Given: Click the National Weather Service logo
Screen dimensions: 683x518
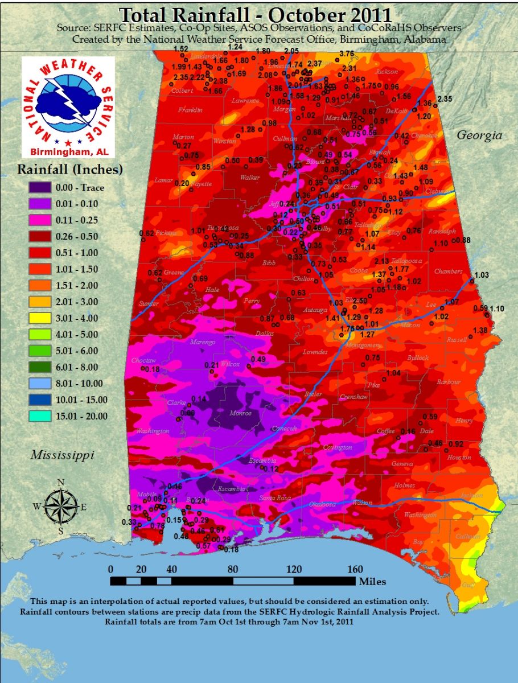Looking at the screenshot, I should point(68,108).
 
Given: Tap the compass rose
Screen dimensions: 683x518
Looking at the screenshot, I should point(61,505).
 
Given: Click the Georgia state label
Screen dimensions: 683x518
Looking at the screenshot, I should point(480,135).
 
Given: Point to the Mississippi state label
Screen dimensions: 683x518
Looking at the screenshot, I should point(62,455).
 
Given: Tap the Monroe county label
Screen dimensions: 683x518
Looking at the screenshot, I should point(240,413).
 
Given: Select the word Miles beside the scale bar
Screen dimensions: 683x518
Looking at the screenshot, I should point(372,581).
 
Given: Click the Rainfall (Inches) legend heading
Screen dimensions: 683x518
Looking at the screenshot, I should point(70,169).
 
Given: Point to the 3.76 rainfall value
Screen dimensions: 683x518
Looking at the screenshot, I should point(346,54).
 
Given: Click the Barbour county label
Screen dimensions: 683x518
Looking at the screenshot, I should point(449,382).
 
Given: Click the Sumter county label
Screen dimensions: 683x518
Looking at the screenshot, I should point(149,303).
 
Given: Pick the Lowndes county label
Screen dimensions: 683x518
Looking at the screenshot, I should point(315,352).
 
